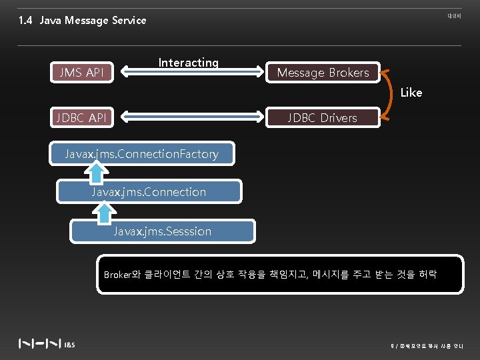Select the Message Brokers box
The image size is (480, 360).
tap(323, 73)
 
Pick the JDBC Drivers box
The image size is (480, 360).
tap(323, 118)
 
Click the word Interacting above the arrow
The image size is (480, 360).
tap(188, 63)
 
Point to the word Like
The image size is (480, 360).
tap(411, 93)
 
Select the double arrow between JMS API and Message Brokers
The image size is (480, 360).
tap(189, 72)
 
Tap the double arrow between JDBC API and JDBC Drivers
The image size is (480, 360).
tap(189, 117)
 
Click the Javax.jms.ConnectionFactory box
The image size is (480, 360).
tap(142, 154)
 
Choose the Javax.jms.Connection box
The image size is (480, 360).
tap(149, 192)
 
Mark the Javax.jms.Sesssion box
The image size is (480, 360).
tap(163, 231)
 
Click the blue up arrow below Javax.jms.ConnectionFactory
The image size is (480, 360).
tap(97, 173)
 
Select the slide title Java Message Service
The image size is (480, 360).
tap(93, 20)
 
